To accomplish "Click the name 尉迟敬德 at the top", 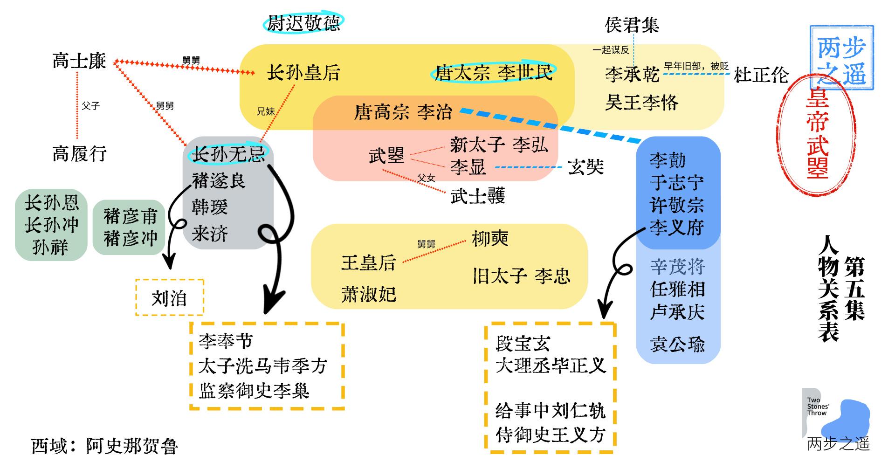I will (x=303, y=23).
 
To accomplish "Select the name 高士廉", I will (x=79, y=61).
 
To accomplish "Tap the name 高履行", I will (x=79, y=153).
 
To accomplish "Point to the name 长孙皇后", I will (x=303, y=73).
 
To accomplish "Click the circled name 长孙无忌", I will (x=228, y=154).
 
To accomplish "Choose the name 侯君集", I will (x=632, y=25).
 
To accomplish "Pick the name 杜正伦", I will (x=761, y=75).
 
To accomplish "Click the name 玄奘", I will (x=586, y=167).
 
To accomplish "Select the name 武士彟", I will (x=478, y=196).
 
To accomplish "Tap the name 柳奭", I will (x=490, y=239).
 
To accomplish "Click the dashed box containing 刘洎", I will (x=170, y=298).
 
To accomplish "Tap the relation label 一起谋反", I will (x=611, y=50).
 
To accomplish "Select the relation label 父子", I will (x=91, y=106).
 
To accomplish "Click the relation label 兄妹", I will (x=266, y=111).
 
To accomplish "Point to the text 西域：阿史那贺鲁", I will (x=104, y=446).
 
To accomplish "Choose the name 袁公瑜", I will (x=677, y=345).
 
